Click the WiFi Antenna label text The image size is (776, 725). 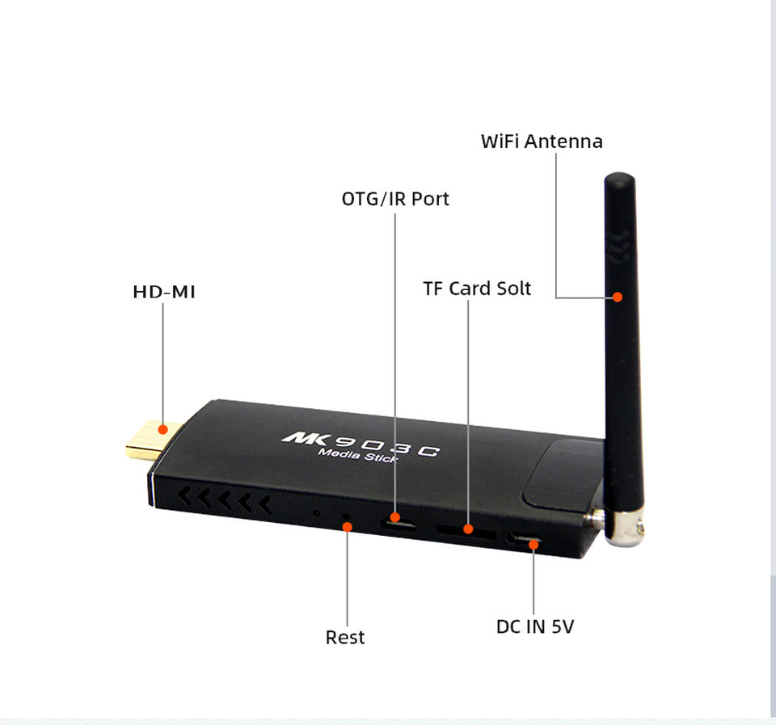point(542,141)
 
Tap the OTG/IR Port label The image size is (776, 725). point(395,199)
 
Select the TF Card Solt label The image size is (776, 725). point(477,289)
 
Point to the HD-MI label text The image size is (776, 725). point(164,292)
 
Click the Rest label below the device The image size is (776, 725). point(345,638)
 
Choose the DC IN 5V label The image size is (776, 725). point(534,626)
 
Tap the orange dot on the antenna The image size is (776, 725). point(618,297)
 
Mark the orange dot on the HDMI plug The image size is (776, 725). point(163,430)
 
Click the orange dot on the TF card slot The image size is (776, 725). point(468,529)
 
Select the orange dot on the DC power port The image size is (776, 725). point(533,544)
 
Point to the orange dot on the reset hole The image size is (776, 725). point(348,526)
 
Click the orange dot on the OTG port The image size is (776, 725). point(395,516)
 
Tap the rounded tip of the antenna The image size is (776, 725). point(620,179)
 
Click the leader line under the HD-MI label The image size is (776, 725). point(163,364)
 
